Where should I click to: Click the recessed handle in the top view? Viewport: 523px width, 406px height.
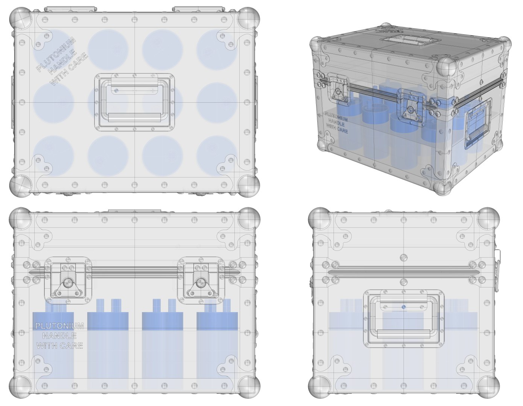point(134,102)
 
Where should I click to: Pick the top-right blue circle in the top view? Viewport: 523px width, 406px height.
point(217,49)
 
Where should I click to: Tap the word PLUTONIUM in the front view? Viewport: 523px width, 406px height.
point(59,326)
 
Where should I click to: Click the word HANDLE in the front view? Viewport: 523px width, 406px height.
point(59,336)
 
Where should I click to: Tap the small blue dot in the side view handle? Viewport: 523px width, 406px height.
point(404,307)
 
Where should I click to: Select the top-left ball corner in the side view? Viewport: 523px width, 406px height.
point(319,218)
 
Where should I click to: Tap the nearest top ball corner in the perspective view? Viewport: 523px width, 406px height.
point(447,68)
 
